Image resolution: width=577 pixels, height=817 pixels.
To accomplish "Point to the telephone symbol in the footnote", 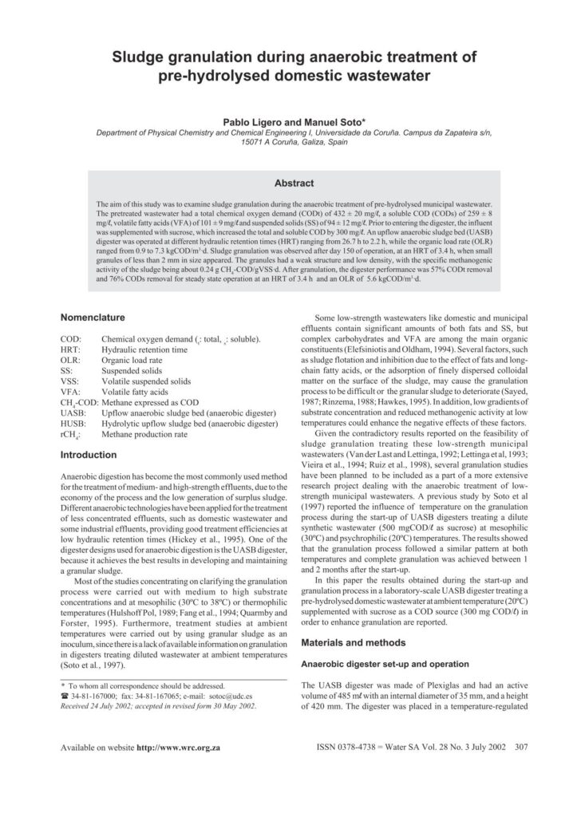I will [65, 695].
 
